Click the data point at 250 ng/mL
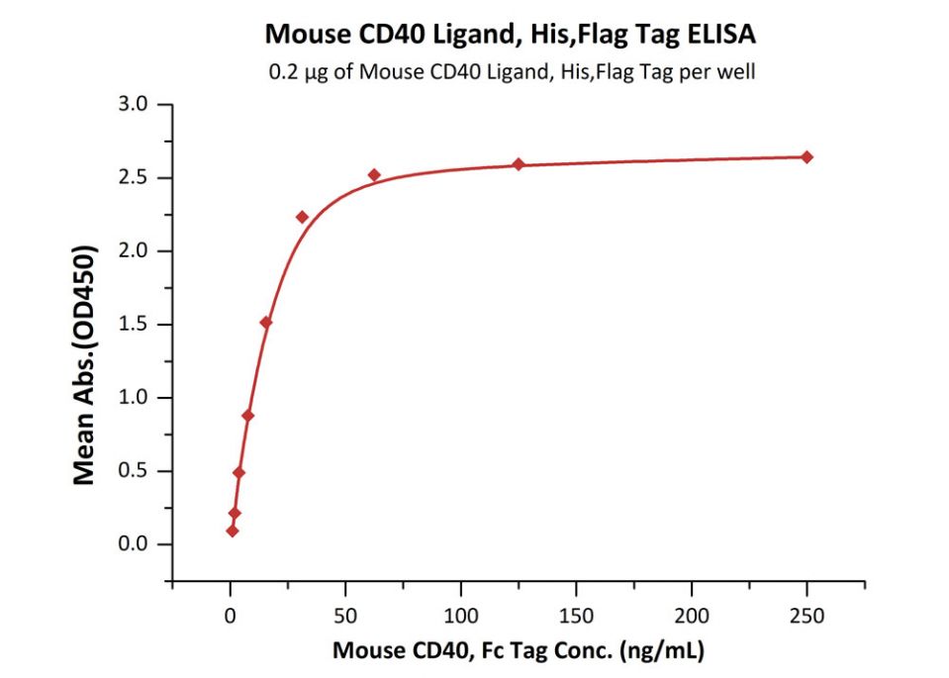pos(807,157)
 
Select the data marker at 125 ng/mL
pos(519,163)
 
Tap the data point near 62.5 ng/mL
pos(374,175)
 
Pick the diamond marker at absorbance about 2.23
pos(302,218)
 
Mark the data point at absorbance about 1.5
pos(265,323)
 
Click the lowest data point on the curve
pos(233,531)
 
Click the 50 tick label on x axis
pos(345,615)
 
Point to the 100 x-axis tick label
pos(460,615)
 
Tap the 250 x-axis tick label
pos(807,615)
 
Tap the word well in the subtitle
pos(734,73)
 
